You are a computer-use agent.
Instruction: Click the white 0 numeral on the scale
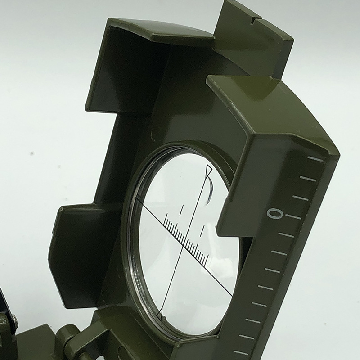click(x=274, y=214)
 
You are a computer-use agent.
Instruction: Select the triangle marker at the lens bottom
click(x=160, y=314)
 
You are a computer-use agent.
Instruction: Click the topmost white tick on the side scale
click(x=315, y=159)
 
